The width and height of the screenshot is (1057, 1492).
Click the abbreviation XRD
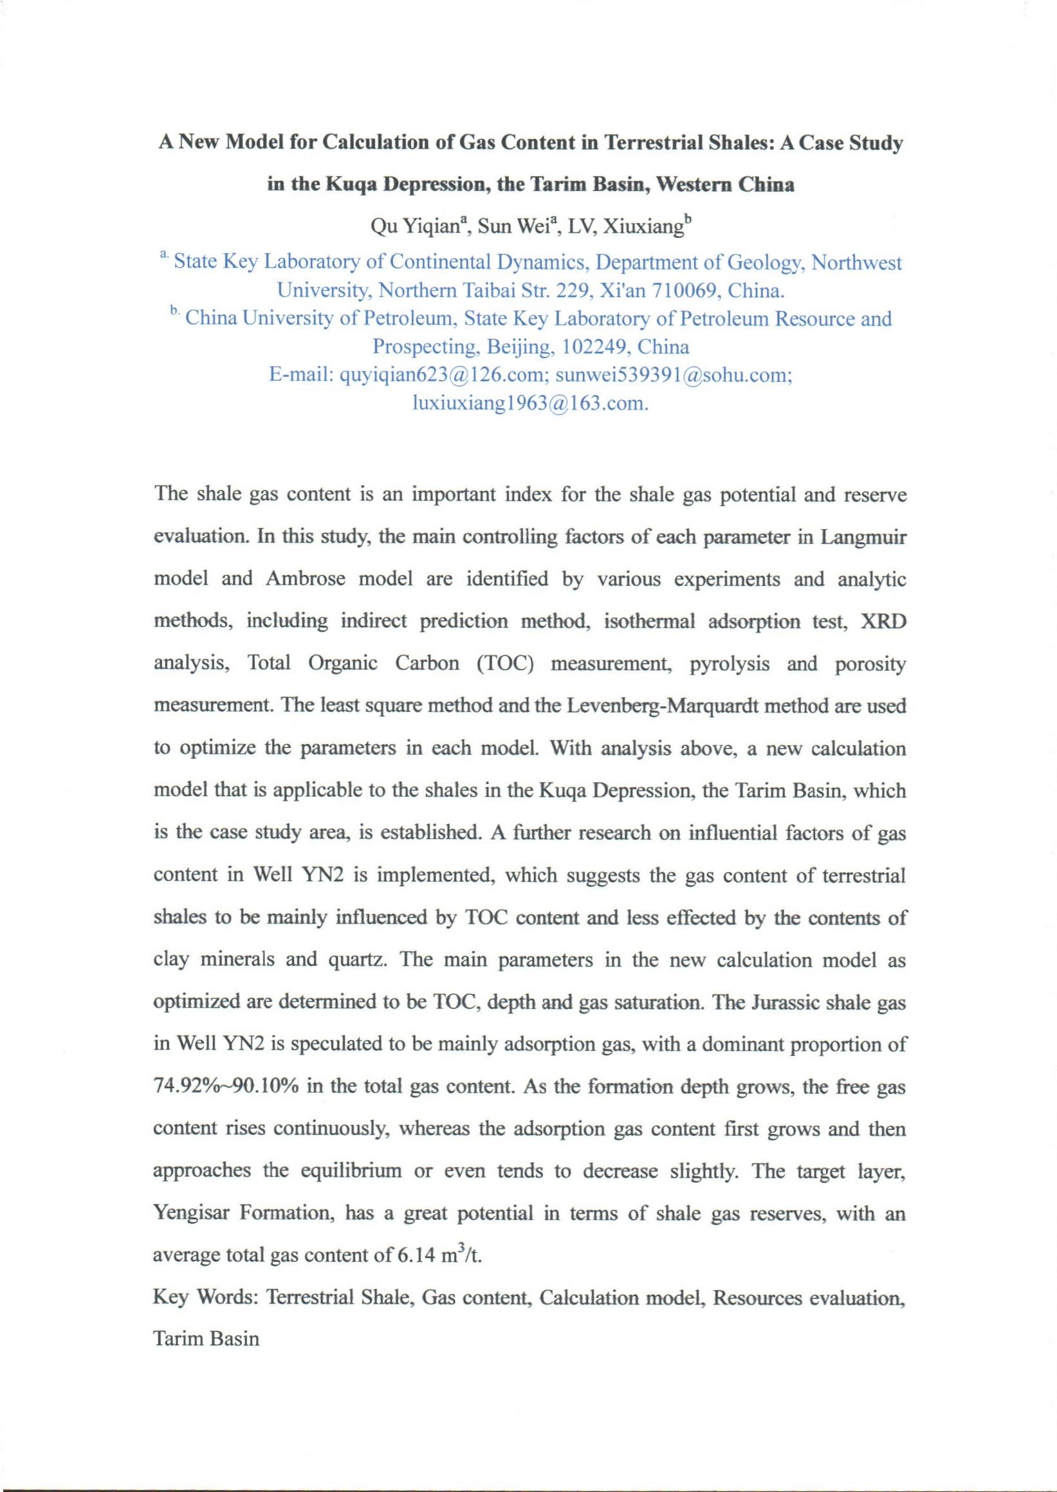(x=883, y=621)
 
